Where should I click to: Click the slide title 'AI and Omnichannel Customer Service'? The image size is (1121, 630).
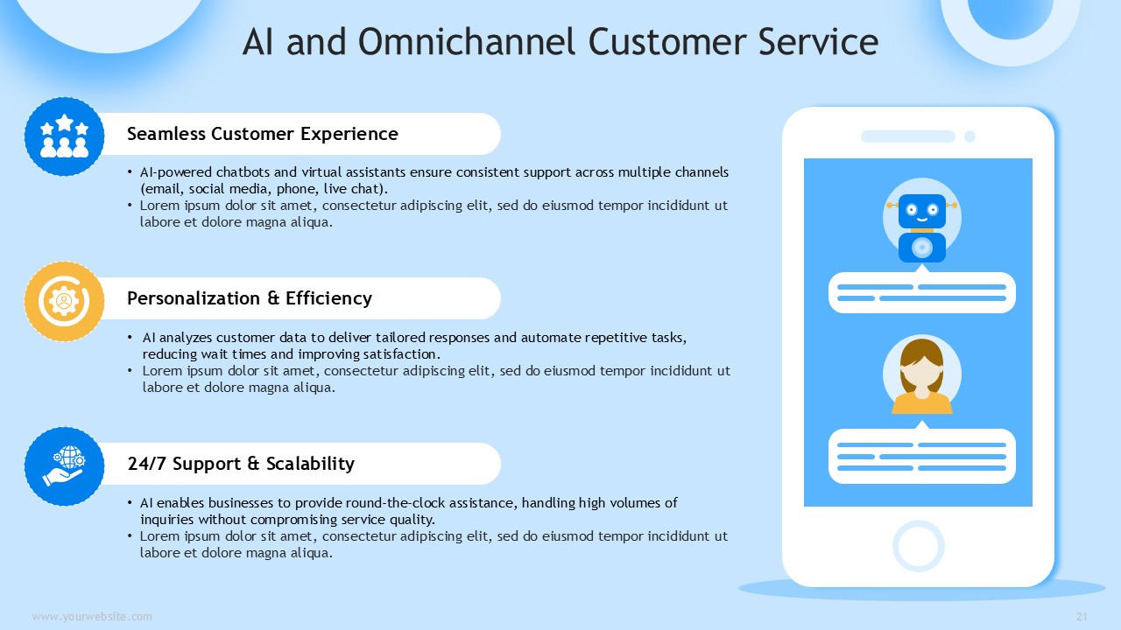[x=560, y=41]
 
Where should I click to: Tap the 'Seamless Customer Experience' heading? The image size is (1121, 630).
[x=262, y=134]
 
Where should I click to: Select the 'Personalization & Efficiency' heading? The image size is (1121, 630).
[x=250, y=298]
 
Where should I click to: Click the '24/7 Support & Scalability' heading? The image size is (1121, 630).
[x=241, y=464]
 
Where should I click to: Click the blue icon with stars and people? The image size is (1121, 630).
[x=65, y=136]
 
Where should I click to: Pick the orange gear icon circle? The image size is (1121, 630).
[x=65, y=302]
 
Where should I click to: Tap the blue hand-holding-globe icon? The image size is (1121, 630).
[x=65, y=466]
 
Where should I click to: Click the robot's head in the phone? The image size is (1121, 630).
[x=922, y=211]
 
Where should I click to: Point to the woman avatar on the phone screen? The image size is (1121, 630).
[x=922, y=374]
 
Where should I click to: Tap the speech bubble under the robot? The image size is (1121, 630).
[x=922, y=292]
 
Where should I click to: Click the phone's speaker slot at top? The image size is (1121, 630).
[x=908, y=136]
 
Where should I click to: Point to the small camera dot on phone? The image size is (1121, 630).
[x=969, y=136]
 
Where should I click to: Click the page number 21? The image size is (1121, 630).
[x=1082, y=617]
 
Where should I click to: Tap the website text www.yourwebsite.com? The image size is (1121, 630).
[x=92, y=617]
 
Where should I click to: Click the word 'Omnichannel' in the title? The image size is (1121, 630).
[x=467, y=41]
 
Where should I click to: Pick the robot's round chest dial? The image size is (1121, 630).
[x=922, y=247]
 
